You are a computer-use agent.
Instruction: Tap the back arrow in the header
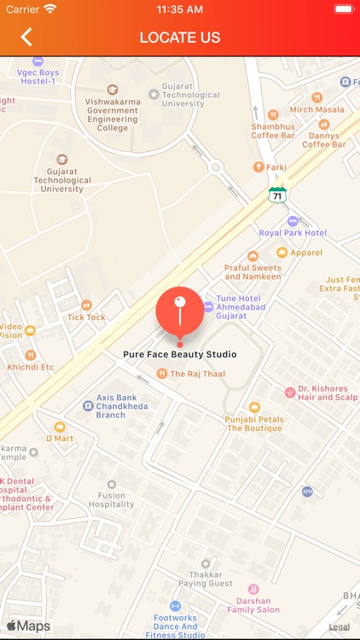(26, 38)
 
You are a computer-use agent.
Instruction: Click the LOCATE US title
(180, 38)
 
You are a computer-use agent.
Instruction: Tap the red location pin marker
(179, 312)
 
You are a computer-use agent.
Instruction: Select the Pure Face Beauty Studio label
(179, 354)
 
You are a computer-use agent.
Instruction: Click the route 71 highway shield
(277, 195)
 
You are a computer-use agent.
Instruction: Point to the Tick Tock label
(86, 317)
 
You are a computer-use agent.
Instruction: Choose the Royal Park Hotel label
(293, 232)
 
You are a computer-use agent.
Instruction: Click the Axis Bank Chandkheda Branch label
(122, 405)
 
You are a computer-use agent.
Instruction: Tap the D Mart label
(61, 438)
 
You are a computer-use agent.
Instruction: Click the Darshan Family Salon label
(253, 605)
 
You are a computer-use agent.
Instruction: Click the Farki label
(275, 167)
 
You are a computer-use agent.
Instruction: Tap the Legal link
(339, 626)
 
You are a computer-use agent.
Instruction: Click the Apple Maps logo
(28, 626)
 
